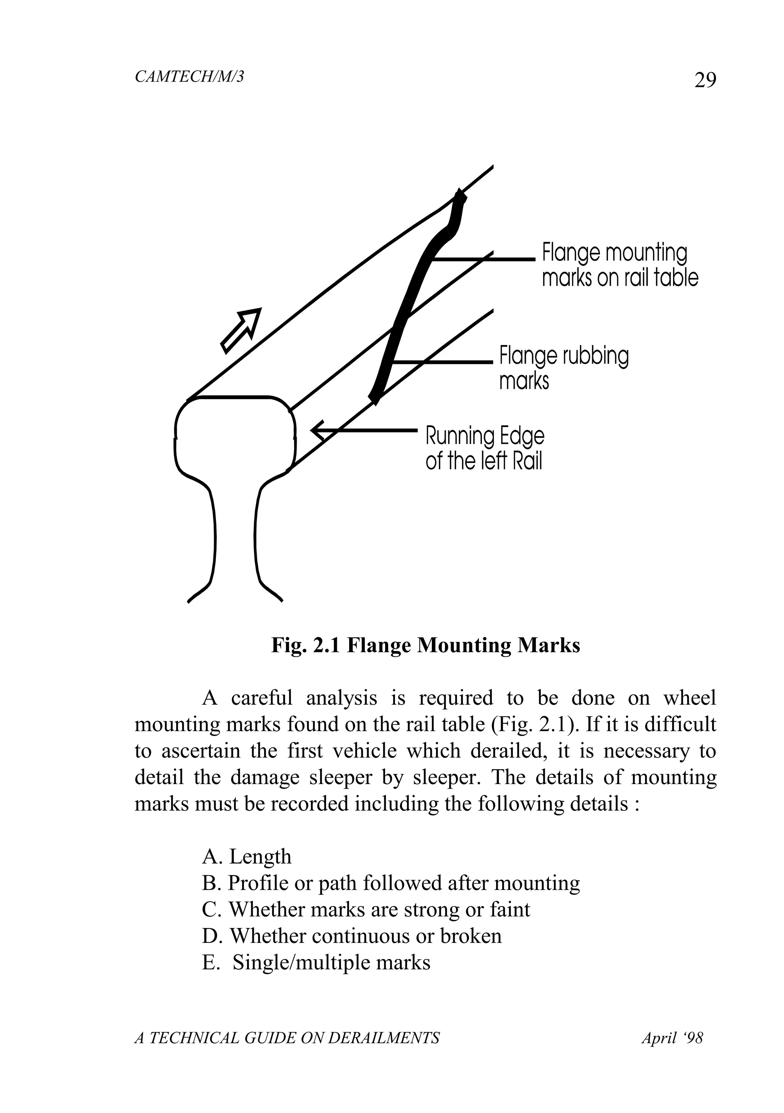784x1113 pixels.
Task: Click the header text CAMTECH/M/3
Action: pyautogui.click(x=189, y=77)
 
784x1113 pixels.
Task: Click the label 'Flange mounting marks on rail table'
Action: pyautogui.click(x=619, y=265)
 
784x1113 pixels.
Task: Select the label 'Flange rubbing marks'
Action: pyautogui.click(x=563, y=368)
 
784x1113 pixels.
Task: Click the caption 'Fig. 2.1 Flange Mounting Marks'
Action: pyautogui.click(x=425, y=646)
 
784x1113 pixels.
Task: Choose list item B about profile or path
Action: pyautogui.click(x=390, y=883)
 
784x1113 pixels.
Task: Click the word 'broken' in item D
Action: pyautogui.click(x=470, y=936)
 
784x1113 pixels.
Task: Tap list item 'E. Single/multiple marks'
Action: pyautogui.click(x=316, y=963)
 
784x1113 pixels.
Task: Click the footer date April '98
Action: pyautogui.click(x=671, y=1038)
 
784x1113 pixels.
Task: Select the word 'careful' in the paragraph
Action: pyautogui.click(x=262, y=698)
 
